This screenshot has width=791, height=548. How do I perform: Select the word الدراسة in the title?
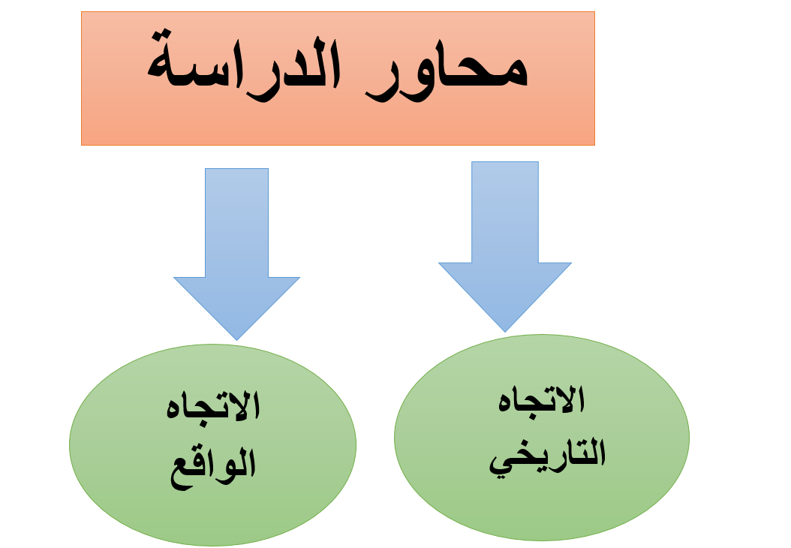[244, 65]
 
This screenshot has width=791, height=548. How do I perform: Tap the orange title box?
[338, 78]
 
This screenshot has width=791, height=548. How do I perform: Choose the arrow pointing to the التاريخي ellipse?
[505, 247]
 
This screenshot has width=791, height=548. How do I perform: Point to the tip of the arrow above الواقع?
[236, 340]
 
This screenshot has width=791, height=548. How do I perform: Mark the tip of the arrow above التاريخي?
[505, 332]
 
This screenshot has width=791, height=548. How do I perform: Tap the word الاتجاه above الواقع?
[213, 406]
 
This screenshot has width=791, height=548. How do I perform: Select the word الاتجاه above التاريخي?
[541, 400]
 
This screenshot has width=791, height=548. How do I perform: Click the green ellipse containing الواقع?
[213, 445]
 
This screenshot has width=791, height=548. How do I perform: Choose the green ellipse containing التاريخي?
[542, 438]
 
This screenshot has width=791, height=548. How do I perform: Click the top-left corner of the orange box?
[81, 11]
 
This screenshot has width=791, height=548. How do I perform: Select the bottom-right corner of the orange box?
[595, 146]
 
